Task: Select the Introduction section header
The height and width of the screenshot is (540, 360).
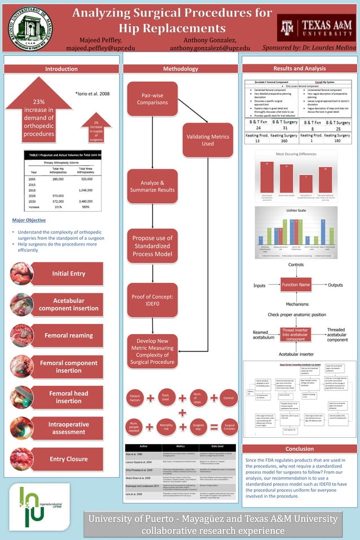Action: (x=62, y=69)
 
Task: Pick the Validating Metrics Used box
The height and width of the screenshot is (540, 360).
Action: (x=208, y=139)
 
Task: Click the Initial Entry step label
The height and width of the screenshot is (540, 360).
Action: (x=68, y=274)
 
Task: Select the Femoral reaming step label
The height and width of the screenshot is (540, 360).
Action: (x=68, y=336)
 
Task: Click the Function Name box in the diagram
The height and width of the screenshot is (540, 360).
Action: (x=296, y=285)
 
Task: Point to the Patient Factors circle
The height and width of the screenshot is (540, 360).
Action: (x=135, y=399)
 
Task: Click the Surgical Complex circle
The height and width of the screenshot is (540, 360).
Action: (x=229, y=428)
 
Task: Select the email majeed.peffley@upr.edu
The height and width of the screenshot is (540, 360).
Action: (x=100, y=49)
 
